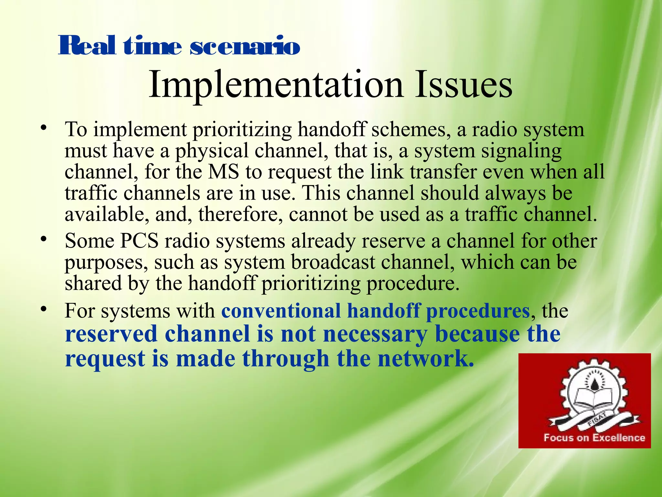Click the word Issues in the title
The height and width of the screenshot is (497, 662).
point(464,85)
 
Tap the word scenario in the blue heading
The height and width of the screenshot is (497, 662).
point(245,46)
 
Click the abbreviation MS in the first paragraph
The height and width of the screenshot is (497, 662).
point(223,172)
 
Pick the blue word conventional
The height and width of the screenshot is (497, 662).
point(281,311)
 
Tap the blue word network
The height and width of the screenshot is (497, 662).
point(426,359)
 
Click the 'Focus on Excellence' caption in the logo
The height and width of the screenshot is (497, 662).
point(594,438)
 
